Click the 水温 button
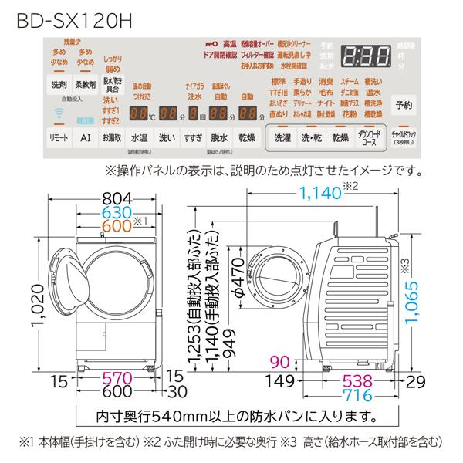140,138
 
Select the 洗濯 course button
283,138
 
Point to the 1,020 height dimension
25,305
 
